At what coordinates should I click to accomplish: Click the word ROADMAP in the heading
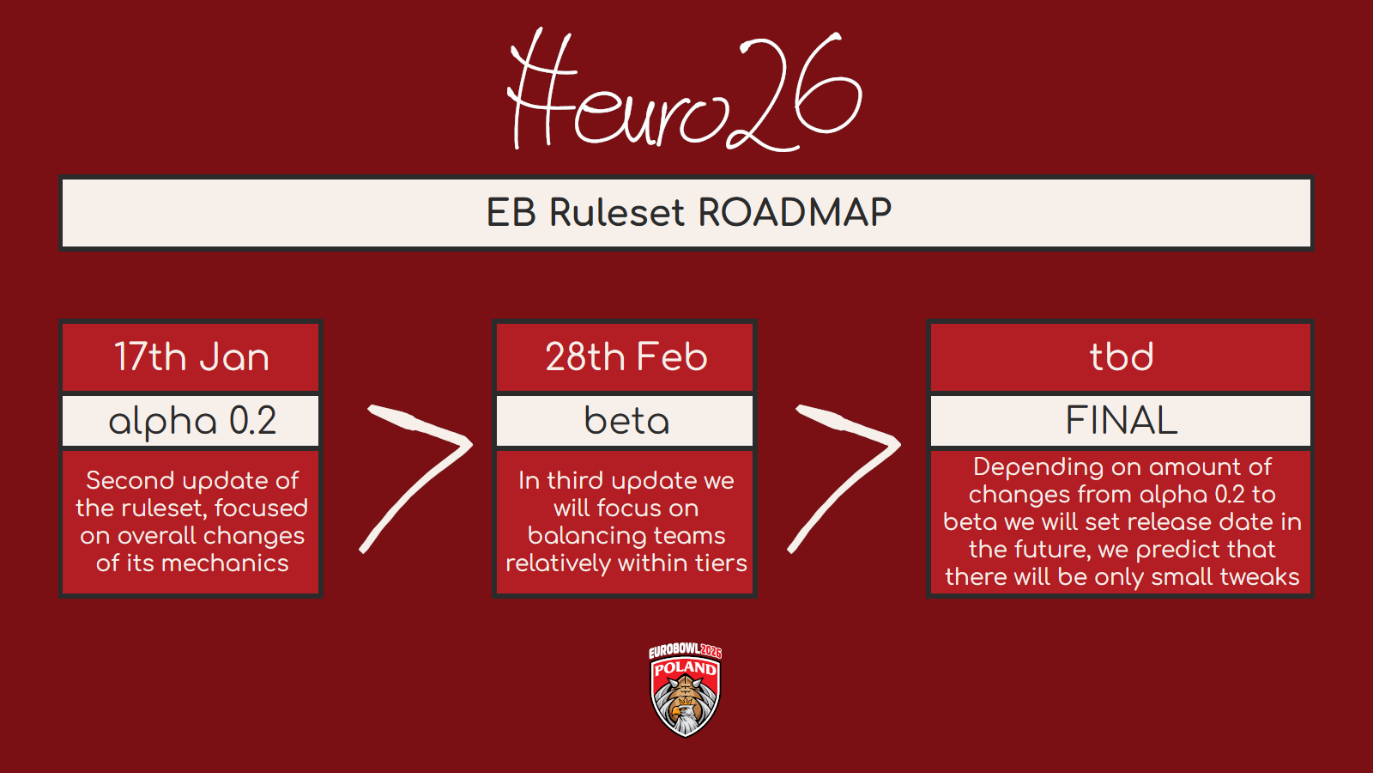coord(795,213)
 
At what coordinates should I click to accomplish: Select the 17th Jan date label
coord(192,356)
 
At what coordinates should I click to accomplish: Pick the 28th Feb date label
coord(626,356)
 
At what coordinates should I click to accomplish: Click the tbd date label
coord(1121,356)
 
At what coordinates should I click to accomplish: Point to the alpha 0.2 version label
coord(192,422)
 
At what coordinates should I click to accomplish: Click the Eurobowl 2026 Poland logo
coord(686,690)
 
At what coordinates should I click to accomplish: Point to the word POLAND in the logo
coord(686,668)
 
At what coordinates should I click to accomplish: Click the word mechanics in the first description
coord(225,563)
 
